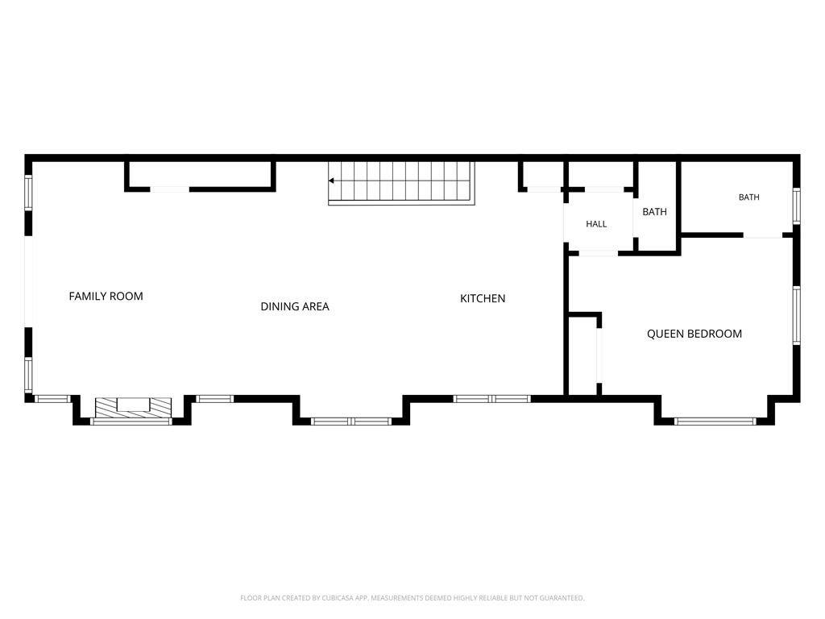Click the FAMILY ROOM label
[x=106, y=297]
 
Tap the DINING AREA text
[x=295, y=306]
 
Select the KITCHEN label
[x=483, y=298]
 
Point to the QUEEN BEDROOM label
[x=694, y=334]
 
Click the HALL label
[x=596, y=224]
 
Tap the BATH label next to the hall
[x=654, y=212]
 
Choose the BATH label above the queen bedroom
[x=748, y=197]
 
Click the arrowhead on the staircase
[x=331, y=181]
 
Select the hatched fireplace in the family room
[x=133, y=408]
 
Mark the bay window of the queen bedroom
[x=715, y=421]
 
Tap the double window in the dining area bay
[x=351, y=421]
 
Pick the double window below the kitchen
[x=492, y=399]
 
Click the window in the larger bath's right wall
[x=797, y=206]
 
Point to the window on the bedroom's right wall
[x=797, y=315]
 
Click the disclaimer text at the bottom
[x=412, y=598]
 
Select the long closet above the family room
[x=200, y=174]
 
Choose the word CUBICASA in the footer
[x=341, y=598]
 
